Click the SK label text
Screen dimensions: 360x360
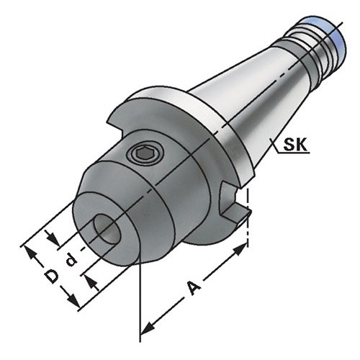(295, 145)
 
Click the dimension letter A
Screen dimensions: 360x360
(194, 288)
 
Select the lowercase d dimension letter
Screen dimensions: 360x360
(71, 261)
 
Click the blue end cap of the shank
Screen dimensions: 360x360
(336, 41)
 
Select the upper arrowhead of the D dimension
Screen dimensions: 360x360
(31, 253)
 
